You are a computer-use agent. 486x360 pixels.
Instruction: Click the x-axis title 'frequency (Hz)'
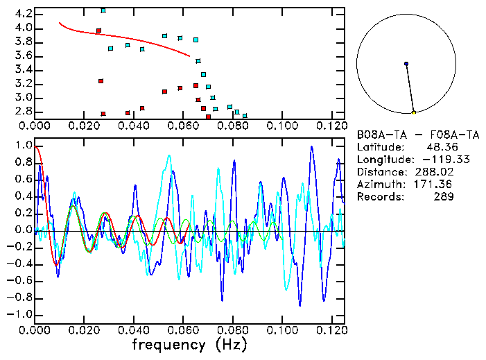[x=189, y=345]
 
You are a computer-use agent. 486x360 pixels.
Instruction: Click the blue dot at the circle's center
[x=406, y=64]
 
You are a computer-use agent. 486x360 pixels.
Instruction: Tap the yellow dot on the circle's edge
[x=414, y=112]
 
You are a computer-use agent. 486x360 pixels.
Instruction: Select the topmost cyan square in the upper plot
[x=103, y=10]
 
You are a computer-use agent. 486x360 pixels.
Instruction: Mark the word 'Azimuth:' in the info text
[x=379, y=185]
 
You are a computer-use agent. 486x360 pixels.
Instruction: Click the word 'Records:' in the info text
[x=379, y=197]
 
